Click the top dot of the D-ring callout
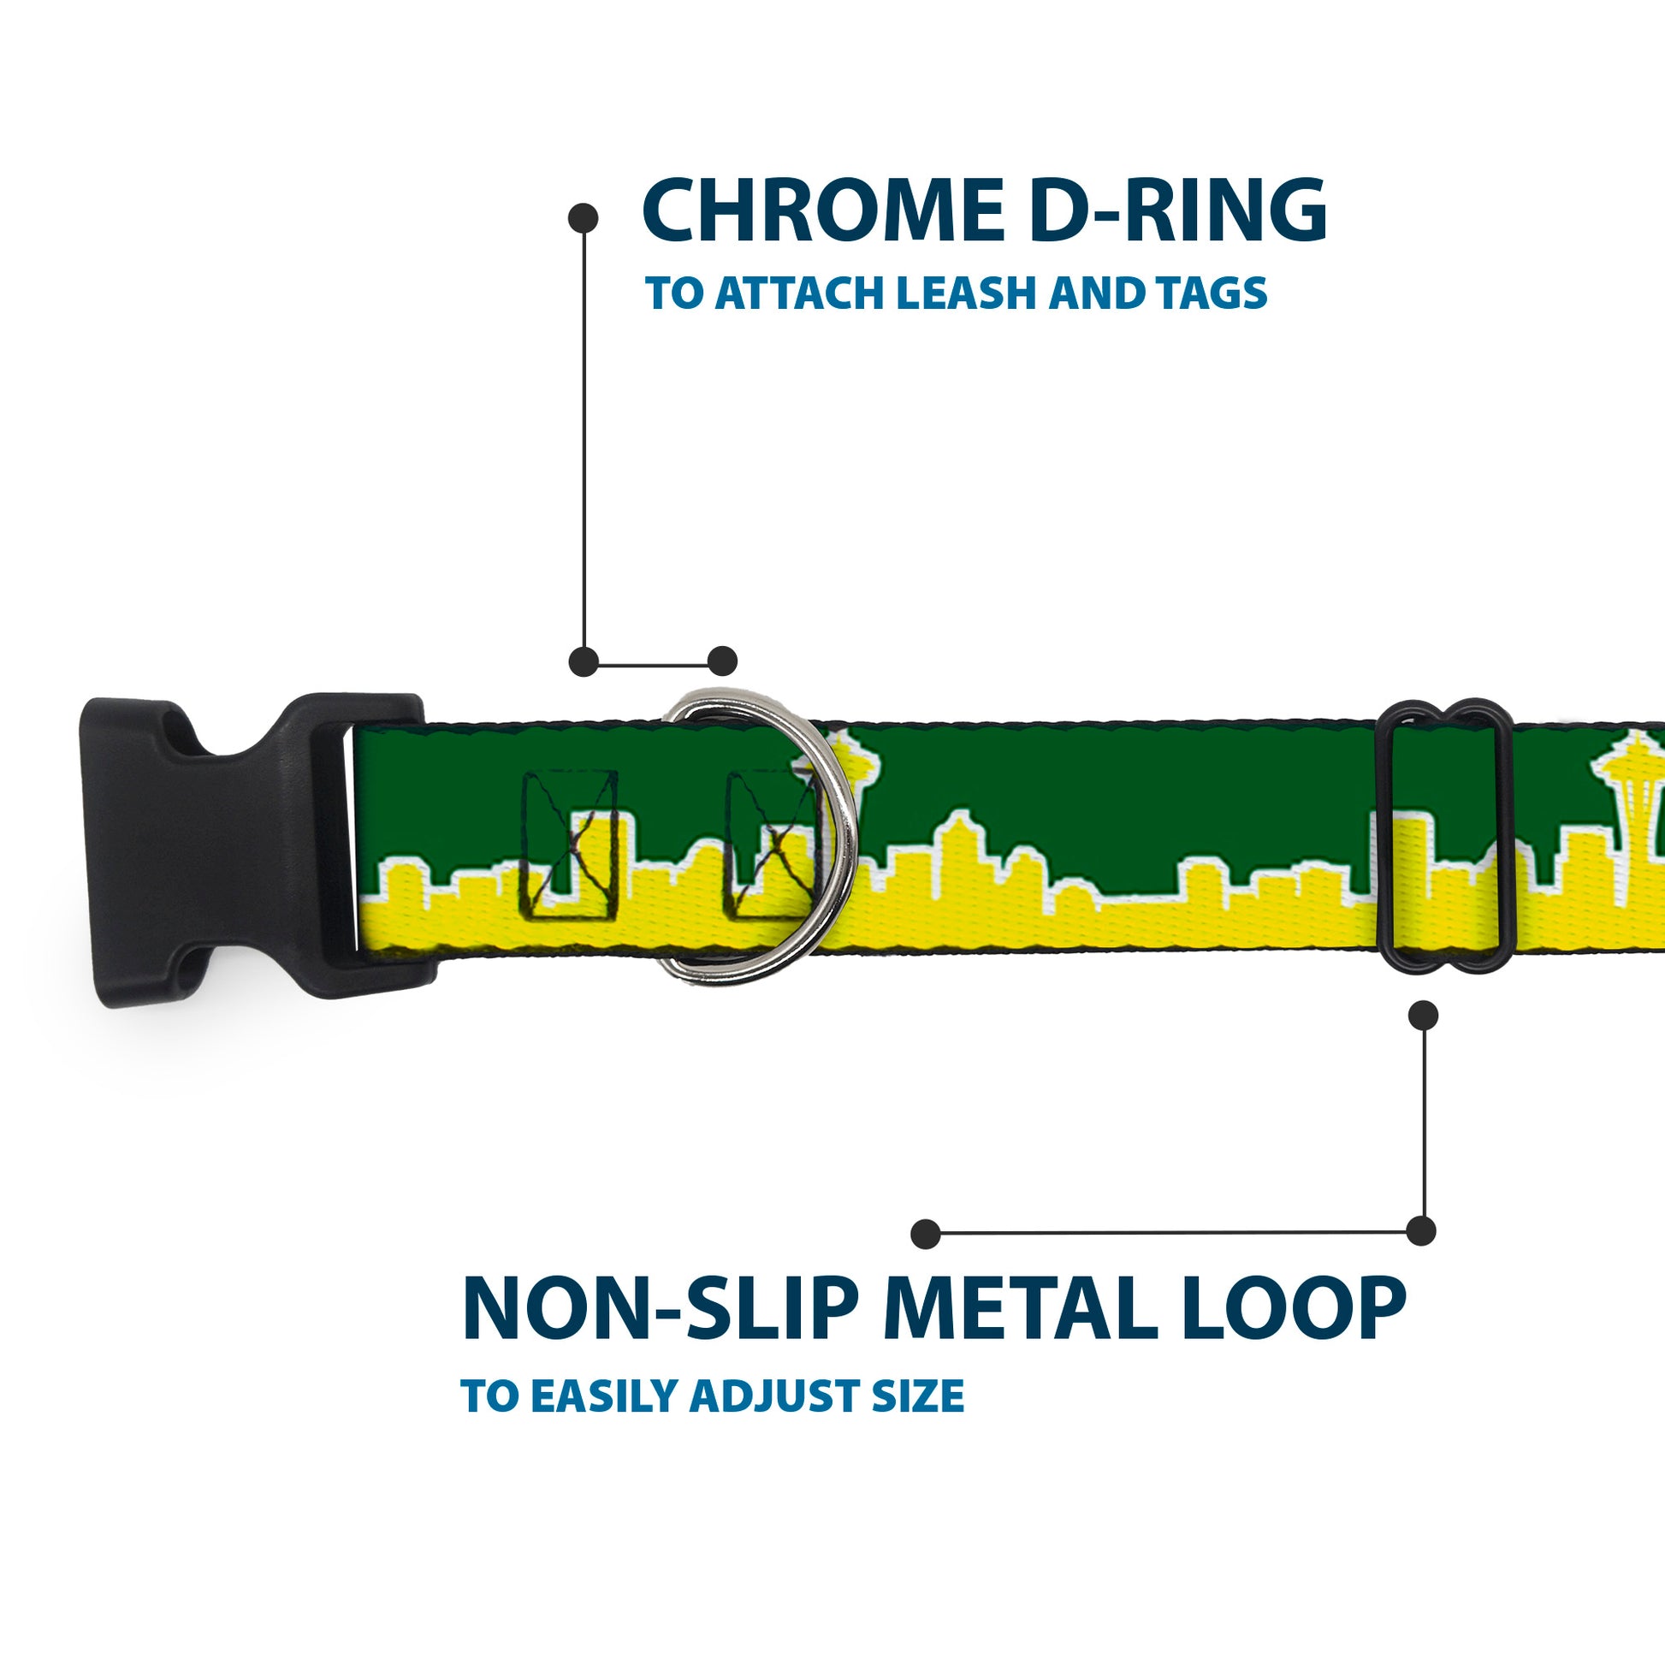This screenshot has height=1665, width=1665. click(x=584, y=218)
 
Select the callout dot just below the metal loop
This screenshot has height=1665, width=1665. click(x=1423, y=1015)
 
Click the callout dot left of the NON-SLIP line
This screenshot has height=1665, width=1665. click(x=926, y=1233)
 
